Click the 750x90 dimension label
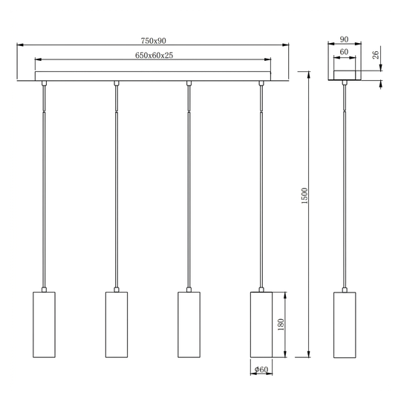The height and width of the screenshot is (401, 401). (x=153, y=41)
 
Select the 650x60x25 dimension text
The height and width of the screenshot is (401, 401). (x=154, y=55)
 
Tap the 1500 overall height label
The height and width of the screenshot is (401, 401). (x=304, y=195)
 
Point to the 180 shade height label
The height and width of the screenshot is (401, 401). (x=281, y=325)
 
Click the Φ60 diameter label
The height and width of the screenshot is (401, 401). (x=261, y=369)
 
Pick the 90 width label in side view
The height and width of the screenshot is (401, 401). (x=344, y=39)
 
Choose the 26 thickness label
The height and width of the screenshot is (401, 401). (x=376, y=55)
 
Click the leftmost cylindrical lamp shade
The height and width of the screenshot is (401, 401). (x=44, y=325)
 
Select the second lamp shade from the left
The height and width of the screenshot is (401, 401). (x=117, y=325)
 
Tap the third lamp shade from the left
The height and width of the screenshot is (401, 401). (x=189, y=325)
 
